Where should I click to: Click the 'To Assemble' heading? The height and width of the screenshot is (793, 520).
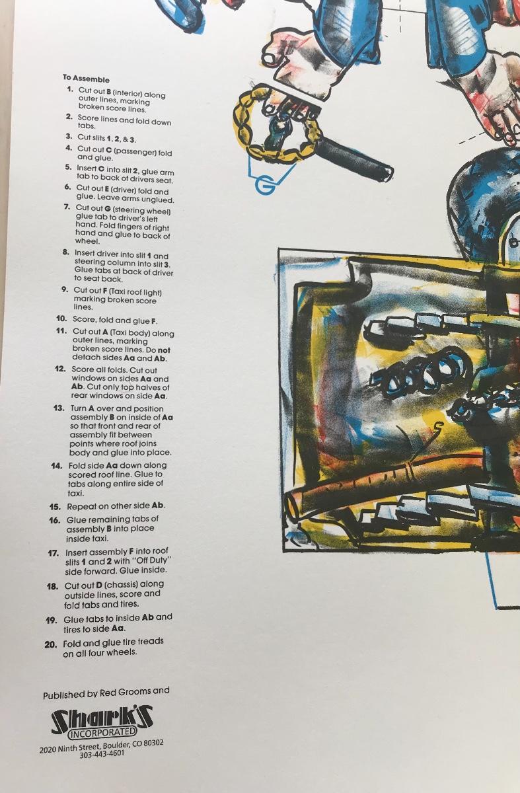pos(86,79)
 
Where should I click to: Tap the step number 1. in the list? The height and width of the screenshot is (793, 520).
pos(70,90)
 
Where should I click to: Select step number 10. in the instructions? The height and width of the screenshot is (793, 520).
pos(61,319)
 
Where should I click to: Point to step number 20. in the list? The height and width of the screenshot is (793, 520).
pos(51,645)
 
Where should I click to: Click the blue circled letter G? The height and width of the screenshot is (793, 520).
pos(265,186)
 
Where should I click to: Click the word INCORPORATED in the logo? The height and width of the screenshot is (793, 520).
pos(103,733)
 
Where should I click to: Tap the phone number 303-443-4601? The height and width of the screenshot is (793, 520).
pos(102,755)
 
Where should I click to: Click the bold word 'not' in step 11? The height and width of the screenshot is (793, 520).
pos(164,350)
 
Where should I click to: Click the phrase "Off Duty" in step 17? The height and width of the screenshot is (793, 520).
pos(151,561)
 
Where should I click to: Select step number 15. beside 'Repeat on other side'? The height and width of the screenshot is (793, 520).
pos(55,507)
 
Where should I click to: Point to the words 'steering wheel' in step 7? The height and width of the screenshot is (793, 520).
pos(146,211)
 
